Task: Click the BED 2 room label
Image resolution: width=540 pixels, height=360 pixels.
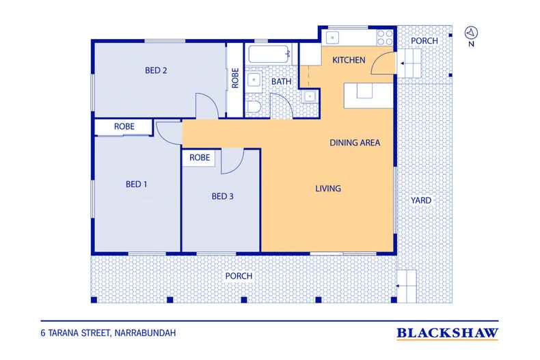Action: tap(156, 70)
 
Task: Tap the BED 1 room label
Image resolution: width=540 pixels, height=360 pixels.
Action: tap(137, 184)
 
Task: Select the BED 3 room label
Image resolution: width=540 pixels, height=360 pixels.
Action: tap(222, 197)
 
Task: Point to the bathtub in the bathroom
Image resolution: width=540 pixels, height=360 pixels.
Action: tap(269, 54)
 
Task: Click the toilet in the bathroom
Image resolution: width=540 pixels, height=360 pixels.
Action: tap(254, 107)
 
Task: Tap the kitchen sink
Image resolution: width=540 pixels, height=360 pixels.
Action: tap(333, 38)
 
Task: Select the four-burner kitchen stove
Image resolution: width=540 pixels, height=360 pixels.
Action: tap(385, 38)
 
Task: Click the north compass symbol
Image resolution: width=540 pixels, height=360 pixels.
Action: tap(471, 33)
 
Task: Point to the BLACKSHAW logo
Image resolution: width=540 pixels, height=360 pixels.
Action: tap(447, 333)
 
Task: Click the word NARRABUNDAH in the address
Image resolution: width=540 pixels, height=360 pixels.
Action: tap(145, 333)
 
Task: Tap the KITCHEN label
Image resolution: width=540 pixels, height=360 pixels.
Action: tap(349, 60)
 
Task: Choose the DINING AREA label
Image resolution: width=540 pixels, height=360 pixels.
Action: tap(355, 143)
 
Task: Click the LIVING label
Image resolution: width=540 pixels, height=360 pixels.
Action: tap(328, 189)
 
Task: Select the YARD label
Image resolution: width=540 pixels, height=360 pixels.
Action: tap(421, 200)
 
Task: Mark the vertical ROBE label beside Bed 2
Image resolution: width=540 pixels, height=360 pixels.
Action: tap(235, 78)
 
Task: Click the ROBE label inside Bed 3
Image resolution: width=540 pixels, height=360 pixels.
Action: tap(200, 158)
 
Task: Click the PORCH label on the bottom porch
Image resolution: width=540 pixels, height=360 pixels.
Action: tap(239, 276)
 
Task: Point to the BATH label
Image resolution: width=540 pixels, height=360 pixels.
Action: tap(282, 82)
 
